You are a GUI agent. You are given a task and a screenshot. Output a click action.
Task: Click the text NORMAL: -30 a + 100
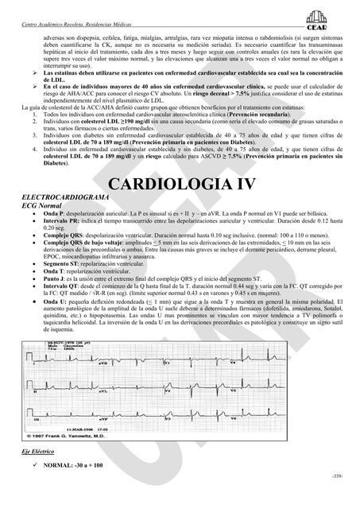pos(76,487)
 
